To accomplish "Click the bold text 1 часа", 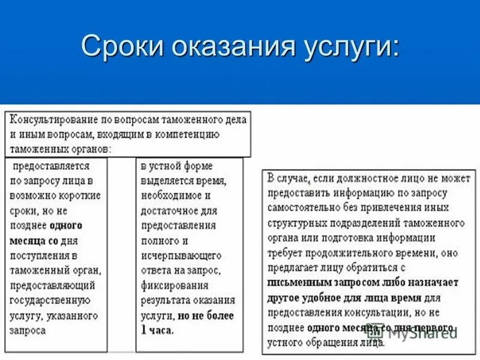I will (x=157, y=329).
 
